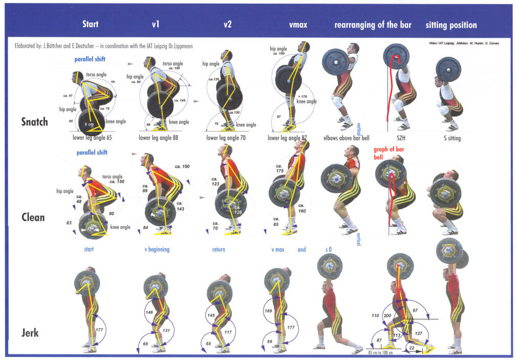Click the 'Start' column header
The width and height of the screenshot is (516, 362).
[90, 24]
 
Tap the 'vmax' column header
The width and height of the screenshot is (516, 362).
[298, 24]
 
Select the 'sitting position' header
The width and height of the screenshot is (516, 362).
[451, 25]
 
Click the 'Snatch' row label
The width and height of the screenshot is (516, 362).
[34, 122]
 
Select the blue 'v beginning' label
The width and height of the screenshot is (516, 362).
[157, 250]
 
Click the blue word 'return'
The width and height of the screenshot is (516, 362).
[219, 250]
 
